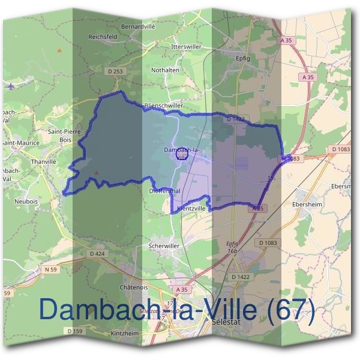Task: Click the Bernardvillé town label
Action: pos(137,27)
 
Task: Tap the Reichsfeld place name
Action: pos(102,36)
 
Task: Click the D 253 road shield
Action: pos(116,72)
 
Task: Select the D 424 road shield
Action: pos(97,254)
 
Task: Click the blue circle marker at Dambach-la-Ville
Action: pos(182,154)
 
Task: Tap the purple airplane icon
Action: pos(10,85)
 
